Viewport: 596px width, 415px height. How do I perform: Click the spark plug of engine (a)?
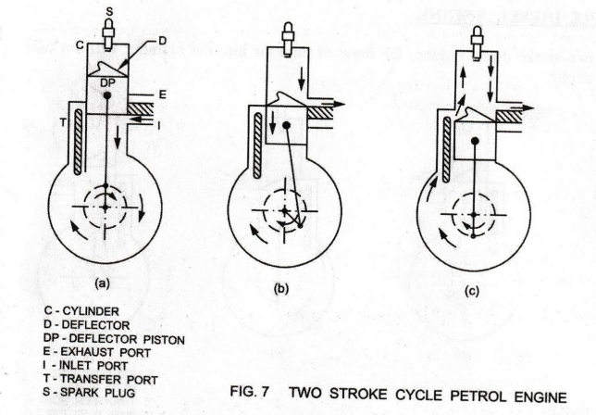point(109,37)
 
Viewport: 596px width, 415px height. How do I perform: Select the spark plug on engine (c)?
point(476,38)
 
